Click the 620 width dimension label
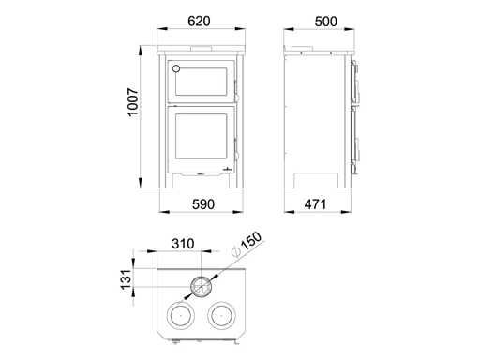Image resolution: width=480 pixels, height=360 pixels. point(199,22)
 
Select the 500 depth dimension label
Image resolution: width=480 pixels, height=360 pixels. point(326,22)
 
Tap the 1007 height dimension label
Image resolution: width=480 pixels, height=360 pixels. point(133,102)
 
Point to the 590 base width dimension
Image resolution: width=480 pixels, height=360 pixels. point(203,204)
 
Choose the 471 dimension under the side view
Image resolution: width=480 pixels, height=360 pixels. point(315,204)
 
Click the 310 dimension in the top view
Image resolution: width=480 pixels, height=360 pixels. point(183,244)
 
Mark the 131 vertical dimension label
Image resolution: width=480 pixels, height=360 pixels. point(126,279)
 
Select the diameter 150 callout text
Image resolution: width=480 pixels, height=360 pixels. point(251,241)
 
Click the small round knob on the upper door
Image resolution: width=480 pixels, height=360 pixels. point(176,68)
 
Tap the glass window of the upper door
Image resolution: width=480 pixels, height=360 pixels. point(201,82)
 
